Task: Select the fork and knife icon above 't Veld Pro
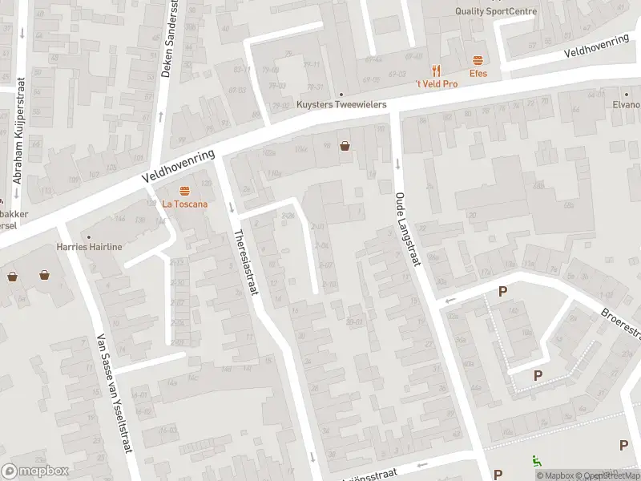[436, 71]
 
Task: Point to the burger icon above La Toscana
[185, 191]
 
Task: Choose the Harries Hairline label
[89, 247]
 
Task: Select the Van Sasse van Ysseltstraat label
[113, 394]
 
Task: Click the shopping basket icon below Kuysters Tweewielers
[345, 146]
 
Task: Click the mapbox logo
[34, 471]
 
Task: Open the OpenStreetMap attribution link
[613, 475]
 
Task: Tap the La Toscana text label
[185, 204]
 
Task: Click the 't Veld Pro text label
[436, 84]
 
